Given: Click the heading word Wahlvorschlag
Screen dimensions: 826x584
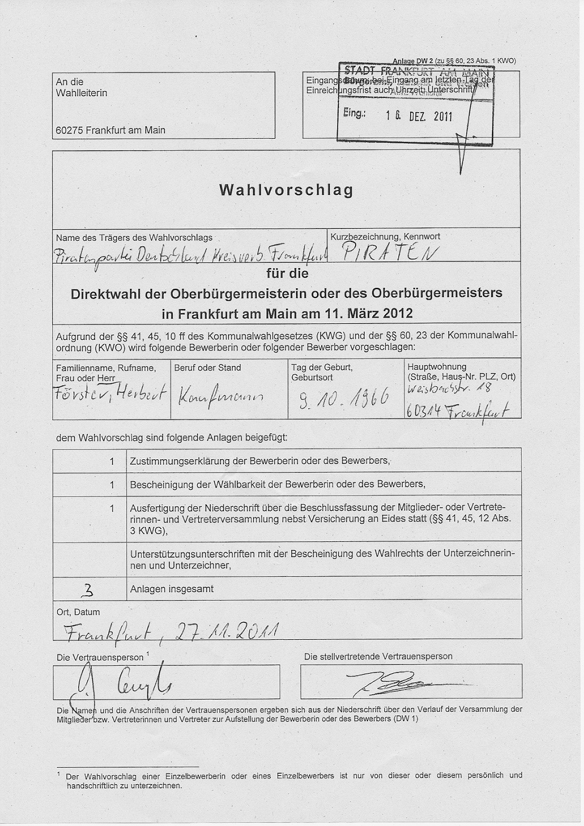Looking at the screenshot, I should coord(286,190).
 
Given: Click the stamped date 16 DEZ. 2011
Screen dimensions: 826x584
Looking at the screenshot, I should coord(419,116).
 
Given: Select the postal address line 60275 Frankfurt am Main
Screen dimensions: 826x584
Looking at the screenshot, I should coord(110,130).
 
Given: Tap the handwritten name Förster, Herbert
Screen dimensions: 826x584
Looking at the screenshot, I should coord(111,394).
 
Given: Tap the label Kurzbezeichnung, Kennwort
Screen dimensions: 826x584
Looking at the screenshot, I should coord(385,237).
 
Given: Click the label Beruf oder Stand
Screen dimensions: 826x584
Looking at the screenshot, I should coord(207,368).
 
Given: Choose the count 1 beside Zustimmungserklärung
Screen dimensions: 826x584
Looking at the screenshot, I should coord(112,461).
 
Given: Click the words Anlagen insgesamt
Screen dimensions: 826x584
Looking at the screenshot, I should coord(172,589).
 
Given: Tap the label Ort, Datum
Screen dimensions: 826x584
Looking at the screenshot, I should coord(78,612).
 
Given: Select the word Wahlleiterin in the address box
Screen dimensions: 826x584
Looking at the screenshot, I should coord(81,93).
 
